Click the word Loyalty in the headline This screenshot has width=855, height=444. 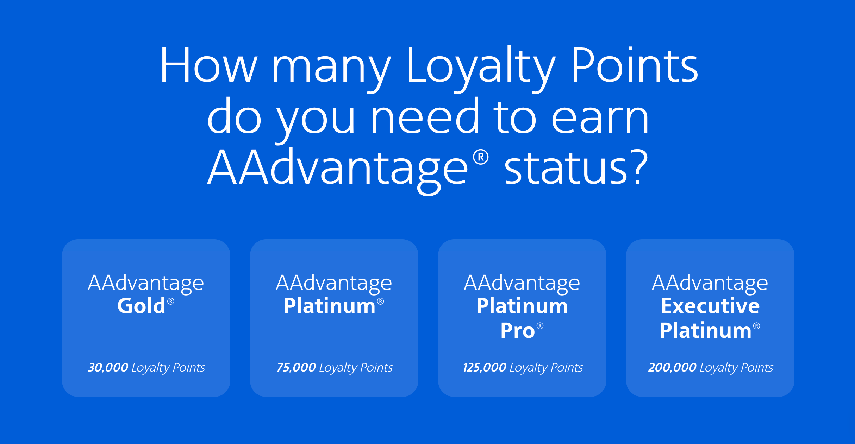click(x=481, y=69)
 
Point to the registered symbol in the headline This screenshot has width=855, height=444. click(x=481, y=157)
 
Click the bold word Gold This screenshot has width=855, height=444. click(x=141, y=305)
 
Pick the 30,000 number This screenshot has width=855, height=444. click(x=108, y=367)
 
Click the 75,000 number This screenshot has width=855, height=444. click(x=296, y=367)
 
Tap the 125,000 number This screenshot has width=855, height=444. click(x=485, y=367)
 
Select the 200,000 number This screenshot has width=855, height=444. click(x=672, y=367)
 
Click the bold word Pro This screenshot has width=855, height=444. click(x=518, y=331)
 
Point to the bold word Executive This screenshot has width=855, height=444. click(x=710, y=305)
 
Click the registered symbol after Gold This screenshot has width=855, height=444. click(x=171, y=301)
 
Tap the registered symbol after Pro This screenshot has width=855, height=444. click(x=540, y=326)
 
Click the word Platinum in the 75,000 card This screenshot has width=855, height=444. click(x=330, y=305)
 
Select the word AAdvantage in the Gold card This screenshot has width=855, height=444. click(x=146, y=284)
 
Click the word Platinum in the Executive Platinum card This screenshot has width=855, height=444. click(x=706, y=330)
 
